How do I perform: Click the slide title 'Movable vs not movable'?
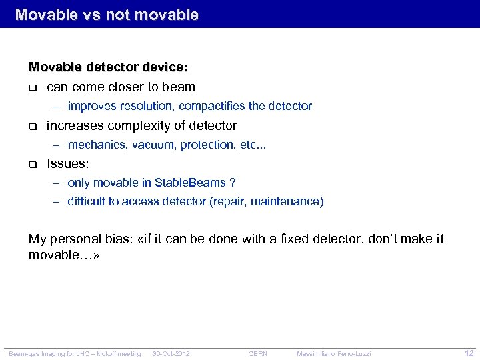107,14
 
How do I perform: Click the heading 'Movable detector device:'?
108,67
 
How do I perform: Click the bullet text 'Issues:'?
67,163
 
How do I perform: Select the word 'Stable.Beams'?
190,183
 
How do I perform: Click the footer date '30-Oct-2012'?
171,353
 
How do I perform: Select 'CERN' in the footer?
257,353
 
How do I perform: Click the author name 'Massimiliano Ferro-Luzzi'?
333,353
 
